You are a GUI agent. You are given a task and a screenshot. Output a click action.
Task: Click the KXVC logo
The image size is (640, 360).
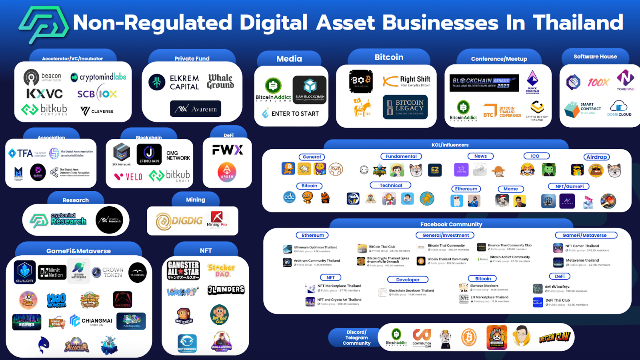(x=44, y=94)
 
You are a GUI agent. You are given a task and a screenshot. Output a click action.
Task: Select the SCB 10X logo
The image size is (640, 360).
(x=97, y=94)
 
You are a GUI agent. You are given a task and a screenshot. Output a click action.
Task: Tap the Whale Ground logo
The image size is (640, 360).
(x=220, y=81)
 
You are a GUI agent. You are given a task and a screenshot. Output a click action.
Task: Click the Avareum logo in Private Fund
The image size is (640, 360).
(x=196, y=108)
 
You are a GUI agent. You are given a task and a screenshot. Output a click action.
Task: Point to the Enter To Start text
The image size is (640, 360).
(x=291, y=114)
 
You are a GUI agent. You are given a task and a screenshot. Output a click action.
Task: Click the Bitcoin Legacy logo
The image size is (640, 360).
(x=405, y=107)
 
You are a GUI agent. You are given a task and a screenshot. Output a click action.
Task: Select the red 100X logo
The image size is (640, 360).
(x=598, y=82)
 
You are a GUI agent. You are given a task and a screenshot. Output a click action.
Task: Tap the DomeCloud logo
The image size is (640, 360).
(x=619, y=108)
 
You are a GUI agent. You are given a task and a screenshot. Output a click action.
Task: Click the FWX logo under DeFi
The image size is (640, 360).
(x=227, y=150)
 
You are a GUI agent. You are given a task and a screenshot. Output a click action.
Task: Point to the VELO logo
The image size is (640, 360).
(x=128, y=176)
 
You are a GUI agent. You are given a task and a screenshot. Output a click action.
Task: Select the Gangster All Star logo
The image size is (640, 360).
(x=183, y=270)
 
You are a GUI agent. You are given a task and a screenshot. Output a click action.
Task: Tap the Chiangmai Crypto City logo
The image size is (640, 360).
(x=91, y=321)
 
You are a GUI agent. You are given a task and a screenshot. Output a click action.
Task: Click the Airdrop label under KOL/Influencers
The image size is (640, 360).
(x=596, y=157)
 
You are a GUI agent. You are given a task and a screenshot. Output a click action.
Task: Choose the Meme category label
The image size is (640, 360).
(x=510, y=189)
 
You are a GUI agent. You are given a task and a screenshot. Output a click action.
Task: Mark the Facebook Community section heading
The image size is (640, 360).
(x=451, y=224)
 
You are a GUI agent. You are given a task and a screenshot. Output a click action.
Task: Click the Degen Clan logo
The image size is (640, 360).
(x=554, y=338)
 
